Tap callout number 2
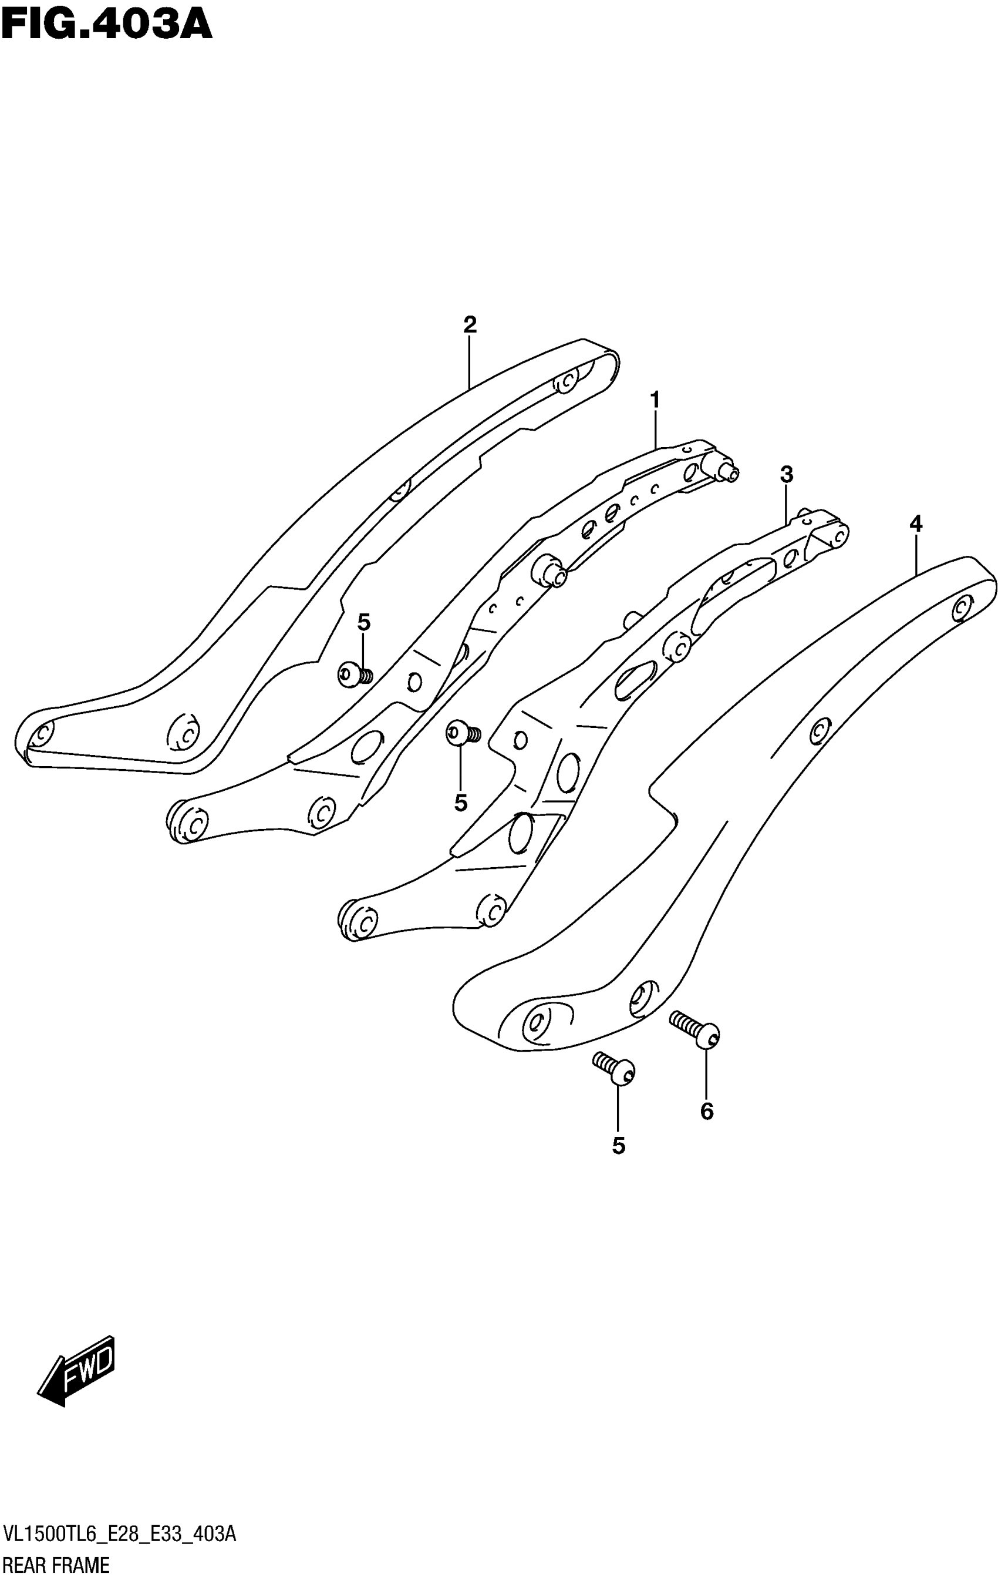point(470,324)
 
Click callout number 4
point(916,524)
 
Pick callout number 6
point(707,1111)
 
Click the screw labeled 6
point(696,1030)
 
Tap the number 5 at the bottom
point(619,1146)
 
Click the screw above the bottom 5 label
point(615,1068)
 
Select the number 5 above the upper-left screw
point(363,622)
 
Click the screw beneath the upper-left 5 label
point(355,675)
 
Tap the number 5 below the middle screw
point(461,803)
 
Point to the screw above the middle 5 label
point(463,733)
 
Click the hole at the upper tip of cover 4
point(962,607)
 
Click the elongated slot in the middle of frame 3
point(635,681)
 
